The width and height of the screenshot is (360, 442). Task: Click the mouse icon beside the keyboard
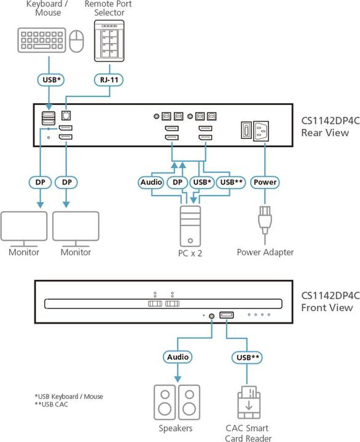point(76,42)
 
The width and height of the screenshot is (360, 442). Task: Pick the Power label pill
point(265,182)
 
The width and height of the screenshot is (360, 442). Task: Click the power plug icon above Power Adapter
point(265,221)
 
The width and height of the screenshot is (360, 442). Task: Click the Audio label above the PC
point(151,182)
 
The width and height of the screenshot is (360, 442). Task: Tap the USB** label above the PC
point(230,182)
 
